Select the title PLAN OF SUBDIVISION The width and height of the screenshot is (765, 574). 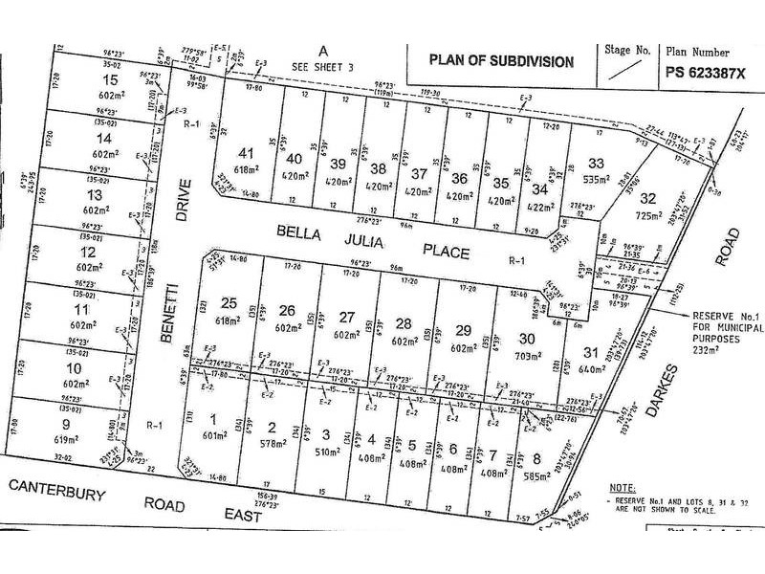point(501,61)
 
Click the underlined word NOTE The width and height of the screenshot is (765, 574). point(622,487)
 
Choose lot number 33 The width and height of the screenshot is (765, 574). point(597,162)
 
